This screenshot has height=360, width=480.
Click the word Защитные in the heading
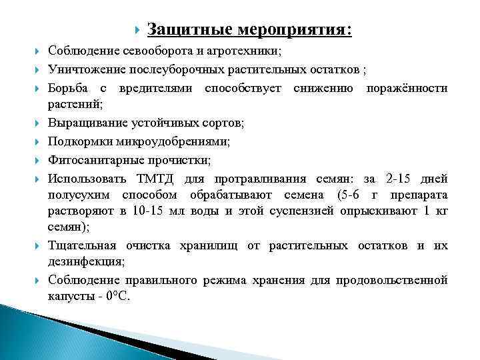(180, 30)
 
